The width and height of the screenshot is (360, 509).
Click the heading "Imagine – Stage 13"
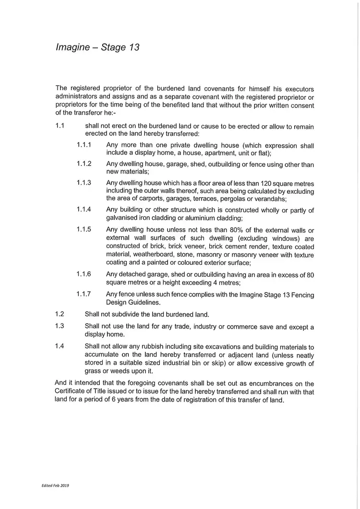[97, 47]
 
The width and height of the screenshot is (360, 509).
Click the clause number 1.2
[60, 314]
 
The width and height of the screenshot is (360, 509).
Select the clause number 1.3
[60, 326]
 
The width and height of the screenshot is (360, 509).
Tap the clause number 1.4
[60, 346]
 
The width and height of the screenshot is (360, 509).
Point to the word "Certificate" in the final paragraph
[73, 391]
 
